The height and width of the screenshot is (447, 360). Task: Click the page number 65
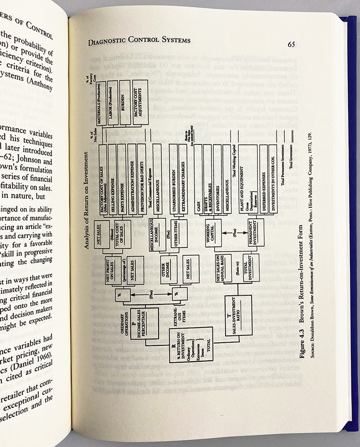[x=292, y=44]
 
